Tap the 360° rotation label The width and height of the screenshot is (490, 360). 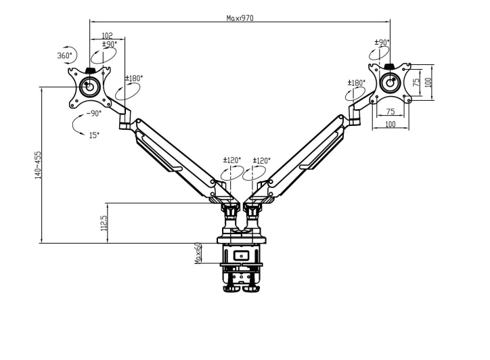(64, 55)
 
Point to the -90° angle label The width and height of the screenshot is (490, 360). (94, 114)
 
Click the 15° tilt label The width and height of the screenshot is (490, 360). (94, 135)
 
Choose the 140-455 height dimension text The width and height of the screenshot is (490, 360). (38, 165)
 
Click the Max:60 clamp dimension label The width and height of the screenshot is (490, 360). (198, 253)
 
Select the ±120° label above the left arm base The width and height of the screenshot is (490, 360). (232, 160)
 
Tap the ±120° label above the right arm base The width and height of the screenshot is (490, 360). (262, 160)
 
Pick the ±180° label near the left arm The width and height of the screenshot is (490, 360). (134, 78)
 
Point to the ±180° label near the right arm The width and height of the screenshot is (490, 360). (356, 83)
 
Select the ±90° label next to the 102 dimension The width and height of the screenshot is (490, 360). (109, 45)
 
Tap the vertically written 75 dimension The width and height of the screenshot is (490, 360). (417, 81)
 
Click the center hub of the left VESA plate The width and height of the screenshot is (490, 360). (89, 86)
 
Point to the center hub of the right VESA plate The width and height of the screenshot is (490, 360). (389, 83)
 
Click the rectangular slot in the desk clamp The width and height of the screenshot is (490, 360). (241, 256)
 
